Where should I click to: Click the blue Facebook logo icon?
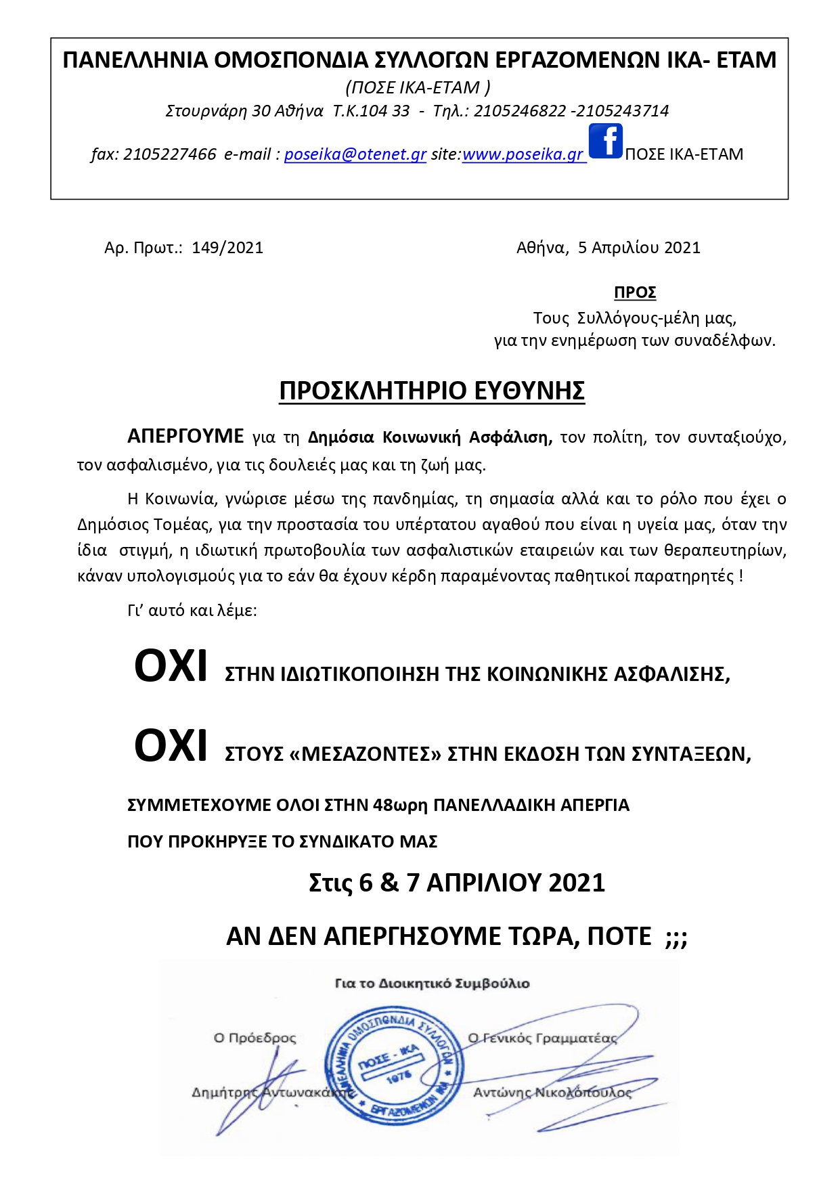605,141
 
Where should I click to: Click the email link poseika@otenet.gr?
355,154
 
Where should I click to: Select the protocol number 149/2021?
227,248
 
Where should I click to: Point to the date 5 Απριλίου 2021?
639,248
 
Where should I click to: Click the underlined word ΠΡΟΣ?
635,292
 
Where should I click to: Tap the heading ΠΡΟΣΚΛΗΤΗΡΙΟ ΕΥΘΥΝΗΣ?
432,391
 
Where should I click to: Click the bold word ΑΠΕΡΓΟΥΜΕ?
185,436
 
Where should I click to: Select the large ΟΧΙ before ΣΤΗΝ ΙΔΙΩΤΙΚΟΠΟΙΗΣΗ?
171,667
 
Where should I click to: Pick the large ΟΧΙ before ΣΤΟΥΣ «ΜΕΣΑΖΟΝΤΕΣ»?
171,746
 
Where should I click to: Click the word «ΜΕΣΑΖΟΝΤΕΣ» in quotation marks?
365,754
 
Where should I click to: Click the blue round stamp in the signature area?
394,1062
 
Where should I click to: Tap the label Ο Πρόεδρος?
255,1038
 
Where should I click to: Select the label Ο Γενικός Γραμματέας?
542,1038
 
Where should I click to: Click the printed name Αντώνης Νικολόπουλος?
552,1093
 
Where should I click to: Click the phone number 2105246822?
519,111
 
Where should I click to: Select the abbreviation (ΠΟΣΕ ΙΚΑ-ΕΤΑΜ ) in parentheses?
418,87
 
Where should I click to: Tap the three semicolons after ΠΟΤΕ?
676,938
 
